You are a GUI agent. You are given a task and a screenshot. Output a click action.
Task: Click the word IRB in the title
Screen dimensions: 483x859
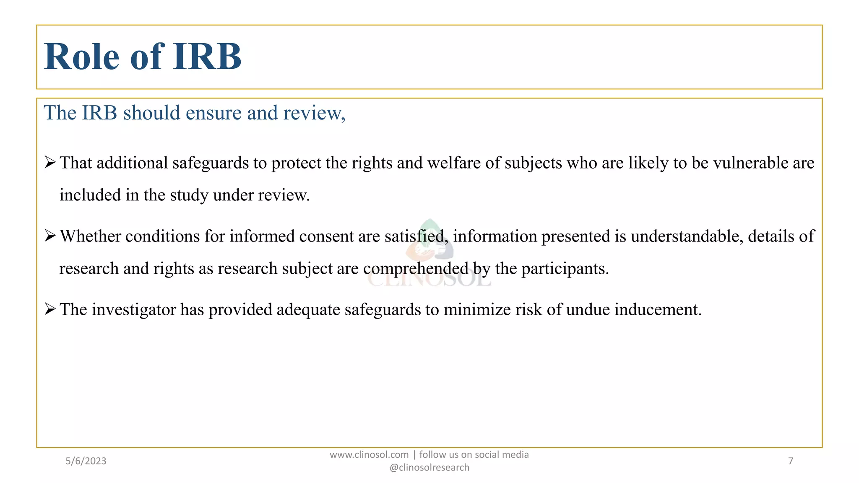[207, 57]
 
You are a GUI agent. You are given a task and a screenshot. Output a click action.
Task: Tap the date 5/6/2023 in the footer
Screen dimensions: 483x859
[86, 461]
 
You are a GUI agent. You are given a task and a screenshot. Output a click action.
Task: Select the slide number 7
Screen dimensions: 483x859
[791, 461]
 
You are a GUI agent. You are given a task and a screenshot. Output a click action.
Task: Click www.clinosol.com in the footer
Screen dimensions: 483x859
[369, 455]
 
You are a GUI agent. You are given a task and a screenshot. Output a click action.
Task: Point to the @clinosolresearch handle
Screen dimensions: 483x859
[429, 467]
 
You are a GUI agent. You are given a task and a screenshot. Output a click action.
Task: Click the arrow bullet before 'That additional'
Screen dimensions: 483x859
[50, 162]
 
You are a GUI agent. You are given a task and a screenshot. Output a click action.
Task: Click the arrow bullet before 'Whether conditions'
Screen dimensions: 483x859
[50, 236]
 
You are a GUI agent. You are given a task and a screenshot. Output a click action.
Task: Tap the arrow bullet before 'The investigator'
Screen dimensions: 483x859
[50, 309]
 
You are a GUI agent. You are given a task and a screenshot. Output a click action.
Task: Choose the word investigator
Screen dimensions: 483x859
[134, 310]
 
